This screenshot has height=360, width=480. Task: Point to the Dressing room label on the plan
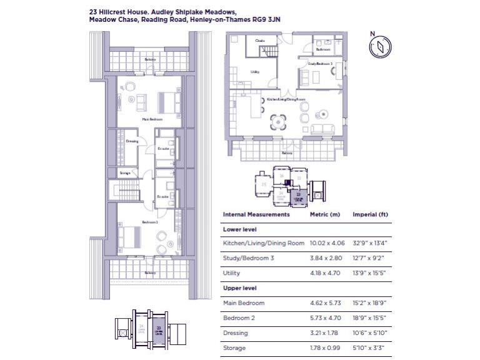tap(132, 141)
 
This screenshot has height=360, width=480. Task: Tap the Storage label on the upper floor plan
tap(125, 172)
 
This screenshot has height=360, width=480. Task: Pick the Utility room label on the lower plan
tap(255, 72)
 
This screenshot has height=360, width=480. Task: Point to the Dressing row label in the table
tap(235, 332)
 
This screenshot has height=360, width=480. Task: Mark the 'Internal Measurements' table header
tap(256, 214)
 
